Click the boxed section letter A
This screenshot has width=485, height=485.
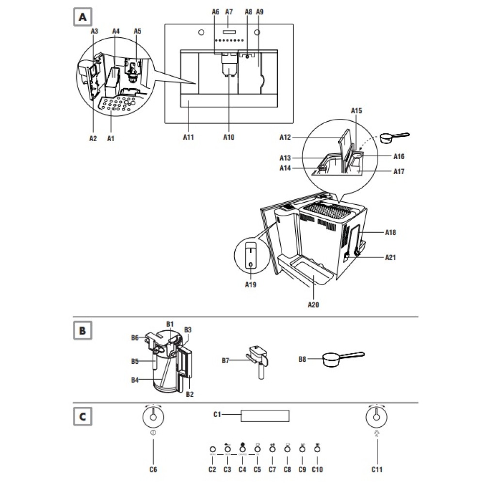(x=82, y=17)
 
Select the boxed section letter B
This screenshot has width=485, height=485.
(x=82, y=331)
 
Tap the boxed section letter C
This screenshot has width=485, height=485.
(x=82, y=416)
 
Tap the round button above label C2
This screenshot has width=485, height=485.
(x=212, y=450)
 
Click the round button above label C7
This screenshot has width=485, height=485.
(x=272, y=450)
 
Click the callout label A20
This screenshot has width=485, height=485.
(x=314, y=305)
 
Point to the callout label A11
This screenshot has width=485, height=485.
(x=189, y=137)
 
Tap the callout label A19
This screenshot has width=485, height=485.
(x=250, y=285)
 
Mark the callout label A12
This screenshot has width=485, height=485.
(x=285, y=137)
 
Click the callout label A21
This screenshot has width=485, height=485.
(x=390, y=258)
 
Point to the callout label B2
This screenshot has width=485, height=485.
(x=190, y=394)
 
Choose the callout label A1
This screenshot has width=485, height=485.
(x=111, y=138)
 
